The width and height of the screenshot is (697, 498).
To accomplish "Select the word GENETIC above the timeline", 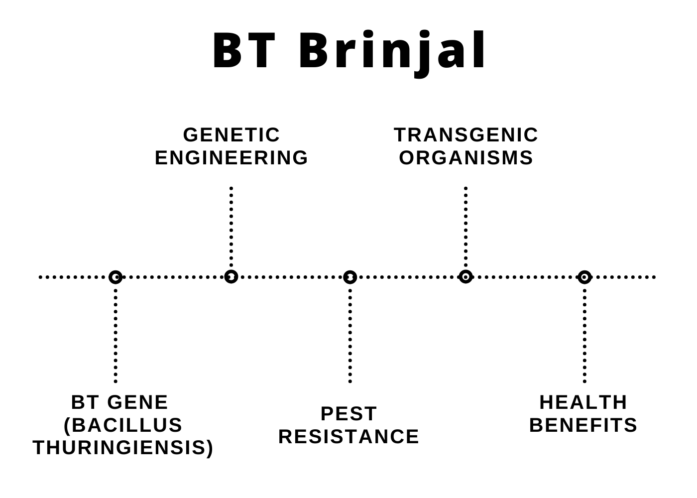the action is pyautogui.click(x=232, y=135).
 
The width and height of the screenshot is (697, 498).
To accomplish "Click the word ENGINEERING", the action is pyautogui.click(x=232, y=157).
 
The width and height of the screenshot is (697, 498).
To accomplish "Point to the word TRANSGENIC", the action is pyautogui.click(x=466, y=135).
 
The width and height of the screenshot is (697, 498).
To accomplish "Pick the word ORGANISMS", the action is pyautogui.click(x=466, y=157).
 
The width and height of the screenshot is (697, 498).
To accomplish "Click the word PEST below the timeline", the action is pyautogui.click(x=349, y=414).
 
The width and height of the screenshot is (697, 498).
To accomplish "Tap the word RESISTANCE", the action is pyautogui.click(x=349, y=436).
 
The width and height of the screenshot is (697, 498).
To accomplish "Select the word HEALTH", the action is pyautogui.click(x=583, y=402).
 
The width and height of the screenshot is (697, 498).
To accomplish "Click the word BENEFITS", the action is pyautogui.click(x=583, y=425).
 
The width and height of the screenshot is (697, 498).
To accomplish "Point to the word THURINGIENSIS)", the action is pyautogui.click(x=123, y=448).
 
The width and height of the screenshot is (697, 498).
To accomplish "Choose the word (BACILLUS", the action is pyautogui.click(x=123, y=425).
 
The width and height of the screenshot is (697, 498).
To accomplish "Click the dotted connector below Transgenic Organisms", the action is pyautogui.click(x=466, y=227).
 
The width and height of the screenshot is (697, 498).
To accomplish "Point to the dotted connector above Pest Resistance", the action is pyautogui.click(x=350, y=336).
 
